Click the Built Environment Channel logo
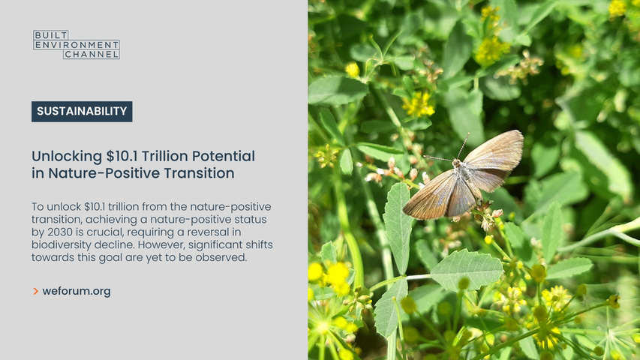coord(77,44)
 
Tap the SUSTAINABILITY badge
coord(82,112)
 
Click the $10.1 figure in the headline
coord(122,156)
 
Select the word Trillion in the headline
coord(165,156)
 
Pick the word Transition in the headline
coord(199,173)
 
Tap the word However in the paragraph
coord(161,245)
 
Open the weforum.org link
coord(77,292)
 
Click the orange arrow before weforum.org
coord(35,292)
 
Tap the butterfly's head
coord(456,163)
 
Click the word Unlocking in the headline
coord(67,157)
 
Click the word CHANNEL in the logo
coord(92,54)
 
